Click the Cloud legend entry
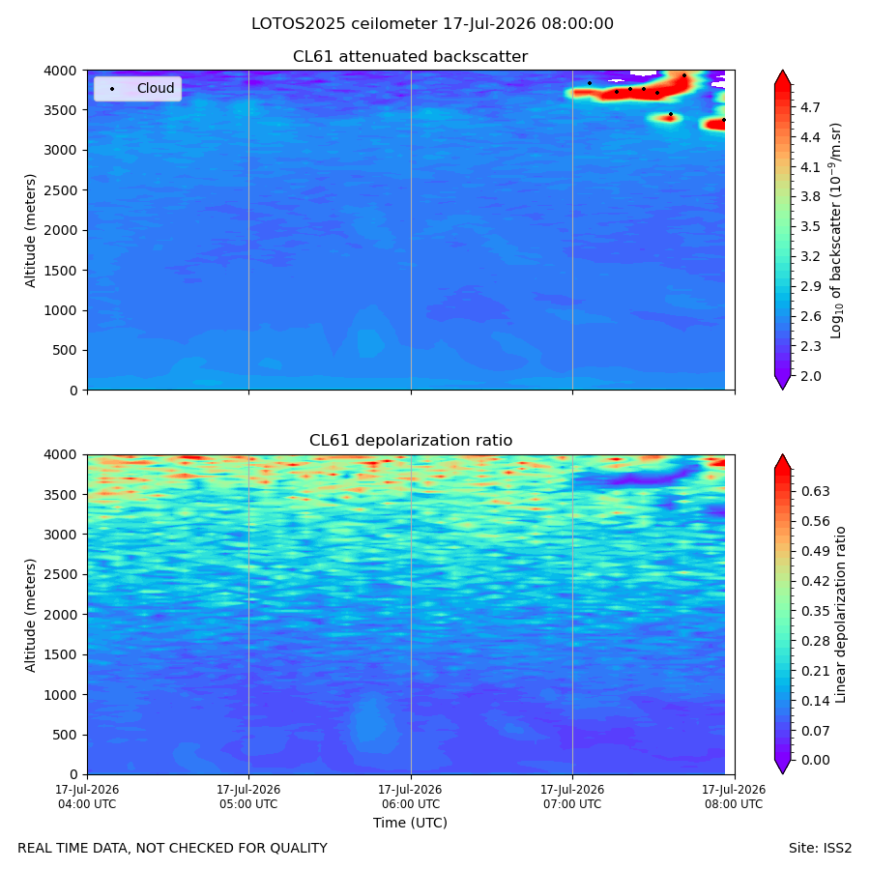click(x=137, y=88)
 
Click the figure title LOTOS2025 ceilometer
click(x=344, y=24)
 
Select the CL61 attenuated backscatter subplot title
click(x=410, y=57)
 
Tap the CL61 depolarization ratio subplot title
click(x=411, y=441)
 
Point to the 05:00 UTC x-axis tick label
click(x=248, y=797)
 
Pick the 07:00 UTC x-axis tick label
click(x=572, y=797)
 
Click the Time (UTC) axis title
click(x=410, y=823)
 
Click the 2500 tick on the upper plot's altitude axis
click(x=61, y=190)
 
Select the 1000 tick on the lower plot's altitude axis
click(x=61, y=695)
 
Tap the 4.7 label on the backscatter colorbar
click(x=810, y=107)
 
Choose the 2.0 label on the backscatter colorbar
click(x=810, y=376)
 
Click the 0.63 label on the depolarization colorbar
click(x=816, y=492)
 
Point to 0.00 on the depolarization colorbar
click(x=816, y=760)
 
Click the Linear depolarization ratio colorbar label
click(x=840, y=615)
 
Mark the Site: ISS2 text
click(x=820, y=849)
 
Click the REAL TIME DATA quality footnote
click(x=173, y=849)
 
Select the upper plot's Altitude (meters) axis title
click(x=30, y=231)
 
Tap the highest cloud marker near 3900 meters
click(x=684, y=75)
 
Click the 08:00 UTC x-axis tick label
click(x=734, y=797)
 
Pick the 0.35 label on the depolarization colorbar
click(x=816, y=612)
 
